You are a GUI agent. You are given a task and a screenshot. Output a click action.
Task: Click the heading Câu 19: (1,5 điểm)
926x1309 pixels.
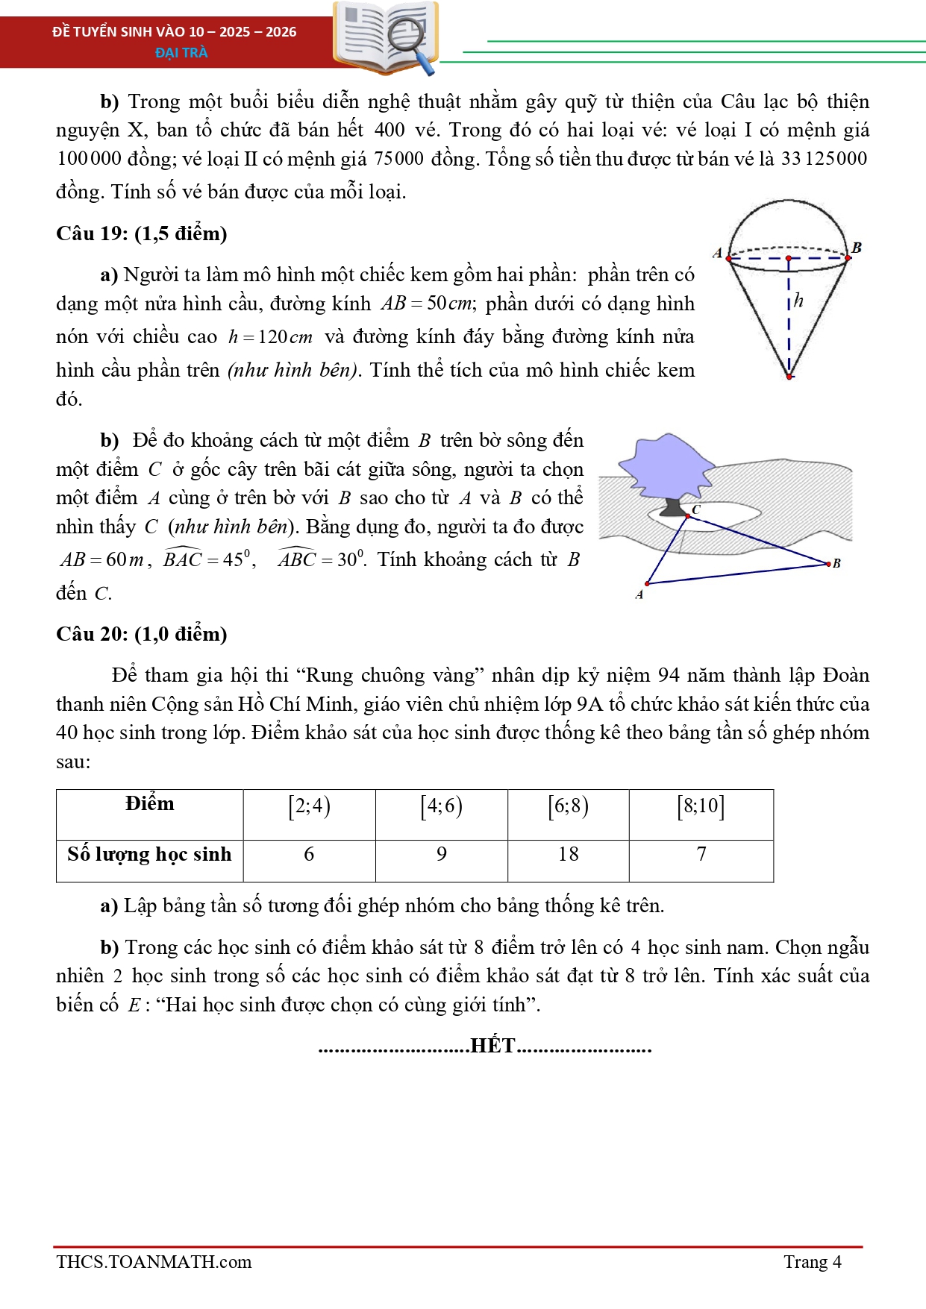click(x=141, y=233)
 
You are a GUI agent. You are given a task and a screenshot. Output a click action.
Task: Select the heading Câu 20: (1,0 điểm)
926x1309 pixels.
click(x=141, y=634)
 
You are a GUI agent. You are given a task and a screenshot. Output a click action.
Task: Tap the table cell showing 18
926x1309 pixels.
click(x=568, y=854)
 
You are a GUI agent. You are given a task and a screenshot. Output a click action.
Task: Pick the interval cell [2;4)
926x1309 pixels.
click(x=309, y=806)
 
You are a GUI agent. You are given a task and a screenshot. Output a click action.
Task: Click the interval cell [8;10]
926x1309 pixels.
click(x=701, y=806)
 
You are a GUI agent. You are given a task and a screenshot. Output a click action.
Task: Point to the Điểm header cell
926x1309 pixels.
click(x=149, y=804)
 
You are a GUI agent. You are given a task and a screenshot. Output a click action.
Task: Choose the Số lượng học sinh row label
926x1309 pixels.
click(x=149, y=854)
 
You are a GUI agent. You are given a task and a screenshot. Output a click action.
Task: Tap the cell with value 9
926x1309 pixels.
click(x=442, y=854)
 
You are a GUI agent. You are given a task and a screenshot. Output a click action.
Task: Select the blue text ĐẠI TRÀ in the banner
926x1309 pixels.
click(x=181, y=52)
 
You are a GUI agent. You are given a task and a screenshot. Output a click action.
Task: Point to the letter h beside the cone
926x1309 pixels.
click(x=798, y=301)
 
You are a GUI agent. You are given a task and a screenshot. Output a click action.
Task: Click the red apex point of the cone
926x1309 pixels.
click(x=789, y=376)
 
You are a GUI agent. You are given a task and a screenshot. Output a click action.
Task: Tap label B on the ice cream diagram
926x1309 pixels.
click(x=857, y=247)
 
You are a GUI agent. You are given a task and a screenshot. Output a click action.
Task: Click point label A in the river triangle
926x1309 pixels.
click(x=639, y=594)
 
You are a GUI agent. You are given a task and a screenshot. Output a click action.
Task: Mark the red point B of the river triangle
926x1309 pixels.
click(x=828, y=564)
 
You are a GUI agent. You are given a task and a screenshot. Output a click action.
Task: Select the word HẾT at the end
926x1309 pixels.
click(x=492, y=1046)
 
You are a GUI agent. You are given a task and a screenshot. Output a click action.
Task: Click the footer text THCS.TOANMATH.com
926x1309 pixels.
click(x=154, y=1262)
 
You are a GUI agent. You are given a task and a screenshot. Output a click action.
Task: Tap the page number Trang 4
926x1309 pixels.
click(x=812, y=1262)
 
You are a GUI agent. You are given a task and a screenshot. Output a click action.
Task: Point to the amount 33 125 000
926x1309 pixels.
click(x=824, y=159)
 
